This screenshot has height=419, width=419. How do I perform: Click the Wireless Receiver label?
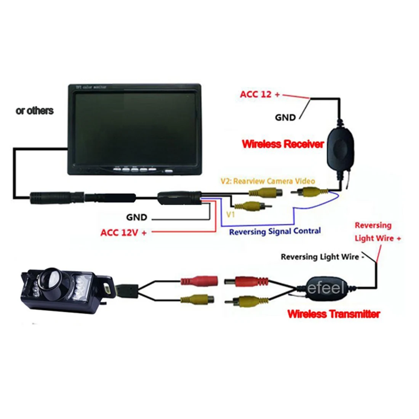tap(283, 144)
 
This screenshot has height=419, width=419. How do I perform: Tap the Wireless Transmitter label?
tap(334, 314)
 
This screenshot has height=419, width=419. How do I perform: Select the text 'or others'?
tap(35, 111)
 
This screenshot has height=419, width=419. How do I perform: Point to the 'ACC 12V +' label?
tap(123, 232)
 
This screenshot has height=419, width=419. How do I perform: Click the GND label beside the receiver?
tap(285, 118)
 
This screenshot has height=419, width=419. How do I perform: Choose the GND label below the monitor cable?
tap(137, 217)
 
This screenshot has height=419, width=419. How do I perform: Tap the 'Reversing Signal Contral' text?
tap(275, 231)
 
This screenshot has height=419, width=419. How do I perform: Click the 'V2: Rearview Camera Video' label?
tap(268, 181)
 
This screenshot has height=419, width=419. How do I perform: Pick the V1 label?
tap(231, 215)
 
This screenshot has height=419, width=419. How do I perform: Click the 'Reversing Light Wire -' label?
tap(322, 257)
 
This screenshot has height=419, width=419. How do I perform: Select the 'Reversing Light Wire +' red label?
tap(377, 232)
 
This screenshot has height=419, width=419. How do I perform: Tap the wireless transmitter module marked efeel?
tap(326, 289)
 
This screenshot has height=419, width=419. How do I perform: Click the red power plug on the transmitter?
tap(248, 282)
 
